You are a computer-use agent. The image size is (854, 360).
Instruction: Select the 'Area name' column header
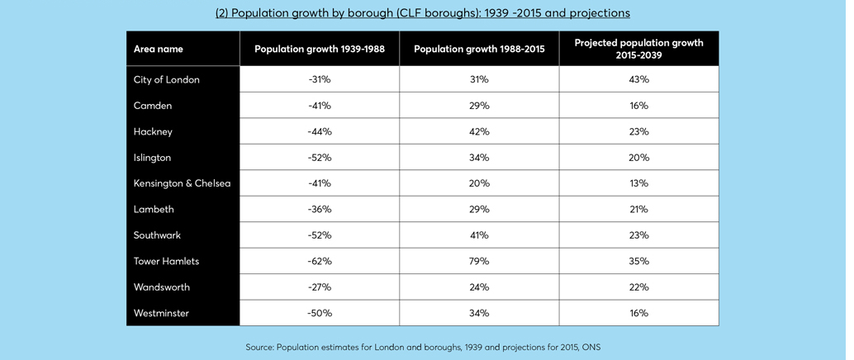(x=159, y=49)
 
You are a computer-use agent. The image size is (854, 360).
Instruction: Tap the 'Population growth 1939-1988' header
(x=319, y=49)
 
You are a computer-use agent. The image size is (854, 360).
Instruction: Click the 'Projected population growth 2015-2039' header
(x=638, y=49)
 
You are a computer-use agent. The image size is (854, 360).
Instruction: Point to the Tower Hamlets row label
(x=166, y=261)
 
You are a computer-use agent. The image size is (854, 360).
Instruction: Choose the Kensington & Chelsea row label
(x=181, y=183)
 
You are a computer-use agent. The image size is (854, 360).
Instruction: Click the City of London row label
(x=167, y=79)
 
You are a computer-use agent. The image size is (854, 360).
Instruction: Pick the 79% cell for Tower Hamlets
(x=479, y=261)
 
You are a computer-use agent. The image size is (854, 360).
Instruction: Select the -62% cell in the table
(x=319, y=261)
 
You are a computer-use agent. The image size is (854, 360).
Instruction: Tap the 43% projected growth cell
(x=638, y=79)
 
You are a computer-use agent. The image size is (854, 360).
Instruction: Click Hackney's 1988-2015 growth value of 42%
(x=479, y=131)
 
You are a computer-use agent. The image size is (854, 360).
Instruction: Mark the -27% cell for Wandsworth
(x=319, y=287)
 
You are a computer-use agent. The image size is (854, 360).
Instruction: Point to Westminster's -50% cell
(x=319, y=313)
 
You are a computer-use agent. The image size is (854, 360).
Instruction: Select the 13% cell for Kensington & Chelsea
(x=638, y=183)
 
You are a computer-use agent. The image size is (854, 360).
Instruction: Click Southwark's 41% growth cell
(x=479, y=235)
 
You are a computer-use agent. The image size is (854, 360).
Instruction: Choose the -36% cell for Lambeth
(x=319, y=209)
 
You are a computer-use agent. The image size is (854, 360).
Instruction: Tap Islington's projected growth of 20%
(x=638, y=157)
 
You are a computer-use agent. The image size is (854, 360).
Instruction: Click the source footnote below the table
(x=422, y=347)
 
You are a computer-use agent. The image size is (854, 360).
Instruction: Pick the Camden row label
(x=153, y=106)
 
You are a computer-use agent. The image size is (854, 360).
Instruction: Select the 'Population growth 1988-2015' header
(x=479, y=49)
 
